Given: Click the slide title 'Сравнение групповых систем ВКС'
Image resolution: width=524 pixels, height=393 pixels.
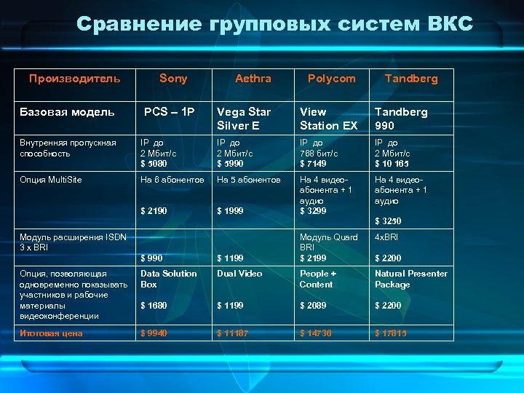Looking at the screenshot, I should [x=274, y=24].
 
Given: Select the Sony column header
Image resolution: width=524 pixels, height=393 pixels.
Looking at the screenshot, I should [x=173, y=79].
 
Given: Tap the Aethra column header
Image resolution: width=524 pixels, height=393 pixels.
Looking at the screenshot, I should [x=253, y=79].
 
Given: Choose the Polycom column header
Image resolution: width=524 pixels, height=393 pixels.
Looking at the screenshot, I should [x=332, y=79].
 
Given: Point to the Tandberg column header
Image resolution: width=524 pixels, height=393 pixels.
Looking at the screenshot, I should [x=411, y=79].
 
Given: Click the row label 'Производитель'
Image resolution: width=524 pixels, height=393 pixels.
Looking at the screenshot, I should [x=75, y=79].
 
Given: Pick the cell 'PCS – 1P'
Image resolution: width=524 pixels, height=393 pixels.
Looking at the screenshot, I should [x=170, y=112].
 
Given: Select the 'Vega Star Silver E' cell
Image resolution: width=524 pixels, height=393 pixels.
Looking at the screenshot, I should [x=244, y=119].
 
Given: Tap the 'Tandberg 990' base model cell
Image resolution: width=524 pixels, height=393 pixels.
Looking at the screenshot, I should [x=401, y=119].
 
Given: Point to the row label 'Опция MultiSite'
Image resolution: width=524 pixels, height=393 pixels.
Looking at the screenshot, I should [x=50, y=179].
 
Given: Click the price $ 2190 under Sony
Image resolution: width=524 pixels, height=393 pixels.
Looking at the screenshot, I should [x=154, y=211].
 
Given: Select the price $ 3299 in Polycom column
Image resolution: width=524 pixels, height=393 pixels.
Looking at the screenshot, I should [x=314, y=211].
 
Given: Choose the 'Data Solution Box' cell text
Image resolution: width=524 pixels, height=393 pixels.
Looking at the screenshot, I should [x=169, y=279].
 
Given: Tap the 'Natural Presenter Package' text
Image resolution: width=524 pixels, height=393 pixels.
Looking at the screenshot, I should [x=411, y=279].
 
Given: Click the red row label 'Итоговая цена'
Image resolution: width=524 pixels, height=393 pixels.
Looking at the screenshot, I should [x=51, y=333].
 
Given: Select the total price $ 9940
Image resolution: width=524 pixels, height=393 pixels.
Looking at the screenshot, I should [x=154, y=333].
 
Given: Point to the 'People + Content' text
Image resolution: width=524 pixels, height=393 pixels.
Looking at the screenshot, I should [x=318, y=279].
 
